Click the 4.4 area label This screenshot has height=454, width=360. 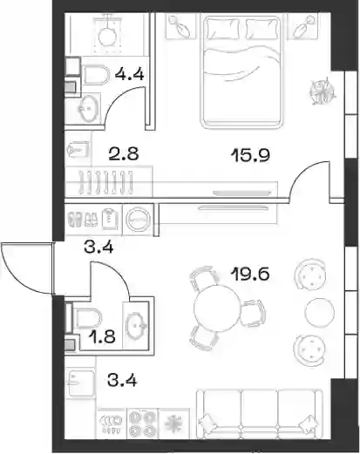(129, 74)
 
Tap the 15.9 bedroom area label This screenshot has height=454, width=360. (250, 155)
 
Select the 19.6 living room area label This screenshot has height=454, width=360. (250, 274)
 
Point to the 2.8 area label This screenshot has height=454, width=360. (124, 154)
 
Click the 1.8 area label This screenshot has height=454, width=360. (102, 337)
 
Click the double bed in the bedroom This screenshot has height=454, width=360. (241, 71)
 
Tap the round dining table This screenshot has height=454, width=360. (217, 308)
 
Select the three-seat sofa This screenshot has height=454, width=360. (260, 415)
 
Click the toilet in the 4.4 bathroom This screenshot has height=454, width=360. (96, 74)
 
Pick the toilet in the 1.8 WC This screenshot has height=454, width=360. (86, 317)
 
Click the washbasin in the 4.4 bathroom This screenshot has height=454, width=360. (87, 109)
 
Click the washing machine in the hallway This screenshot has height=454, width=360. (138, 219)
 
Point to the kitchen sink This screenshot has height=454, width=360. (80, 383)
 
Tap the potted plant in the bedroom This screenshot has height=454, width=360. (323, 91)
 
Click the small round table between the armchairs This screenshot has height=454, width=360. (319, 313)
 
